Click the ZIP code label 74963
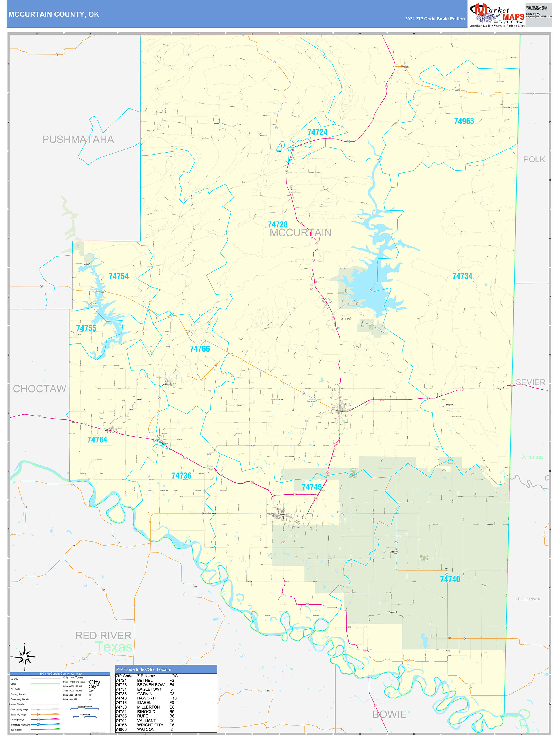pyautogui.click(x=464, y=121)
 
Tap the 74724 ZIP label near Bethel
pyautogui.click(x=317, y=132)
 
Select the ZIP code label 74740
pyautogui.click(x=450, y=579)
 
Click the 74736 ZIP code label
pyautogui.click(x=181, y=476)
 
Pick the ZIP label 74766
pyautogui.click(x=199, y=349)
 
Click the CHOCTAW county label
pyautogui.click(x=39, y=389)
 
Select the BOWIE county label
pyautogui.click(x=389, y=714)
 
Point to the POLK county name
pyautogui.click(x=534, y=159)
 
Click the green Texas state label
pyautogui.click(x=114, y=647)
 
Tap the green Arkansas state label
pyautogui.click(x=532, y=457)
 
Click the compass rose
pyautogui.click(x=25, y=657)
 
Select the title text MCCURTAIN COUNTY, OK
pyautogui.click(x=54, y=14)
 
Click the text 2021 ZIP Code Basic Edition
pyautogui.click(x=434, y=19)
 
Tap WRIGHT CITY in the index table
pyautogui.click(x=150, y=725)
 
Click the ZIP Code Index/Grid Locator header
pyautogui.click(x=144, y=669)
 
